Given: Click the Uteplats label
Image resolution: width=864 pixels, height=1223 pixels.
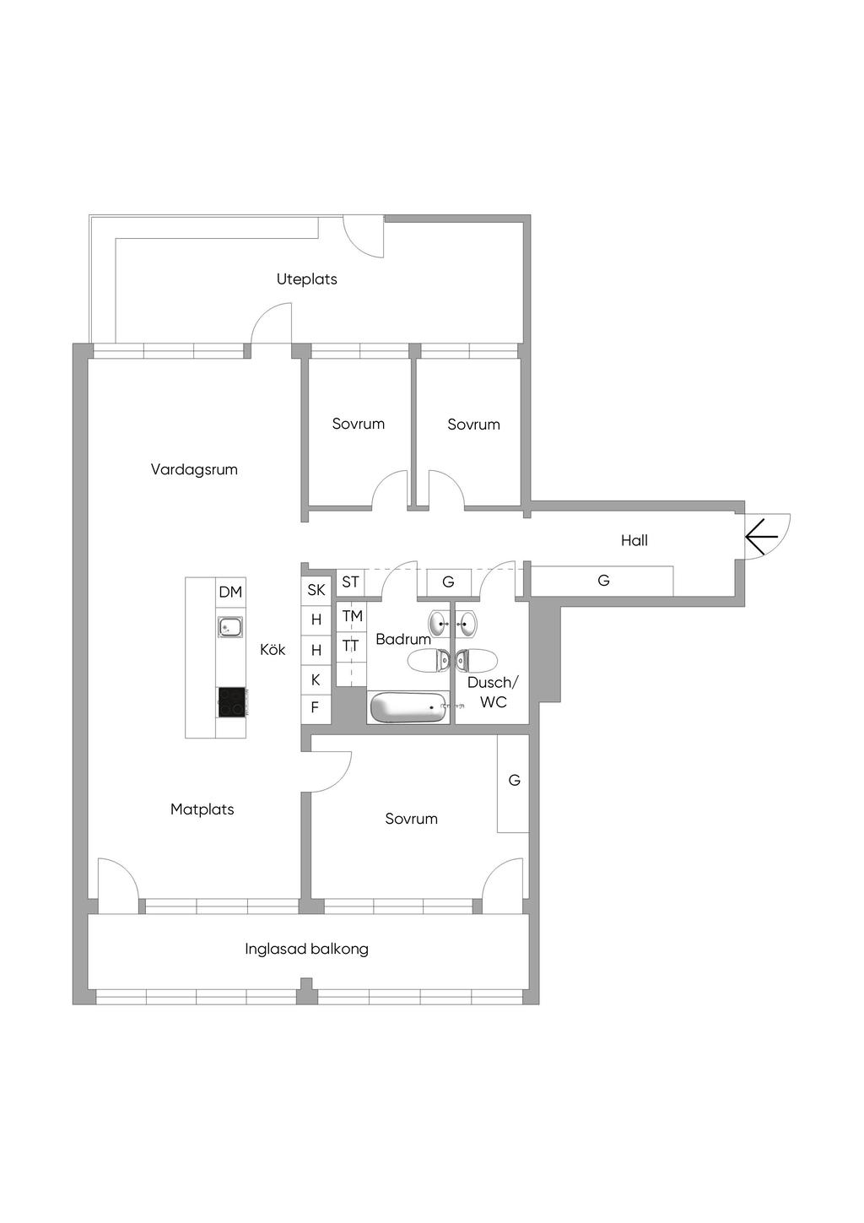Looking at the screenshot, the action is pos(307,279).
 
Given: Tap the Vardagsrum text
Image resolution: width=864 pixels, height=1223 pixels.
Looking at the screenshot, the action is pos(194,469).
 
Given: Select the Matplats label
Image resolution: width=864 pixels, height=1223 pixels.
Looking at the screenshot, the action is pos(202,809).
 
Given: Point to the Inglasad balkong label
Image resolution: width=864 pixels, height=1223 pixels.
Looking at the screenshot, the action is pos(307,949).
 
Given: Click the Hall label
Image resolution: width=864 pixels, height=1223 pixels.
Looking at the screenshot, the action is pos(634,540).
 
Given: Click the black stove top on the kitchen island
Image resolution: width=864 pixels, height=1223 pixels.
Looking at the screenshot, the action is pos(232,702).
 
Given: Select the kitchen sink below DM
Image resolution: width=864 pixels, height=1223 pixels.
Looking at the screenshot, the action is pos(231,627).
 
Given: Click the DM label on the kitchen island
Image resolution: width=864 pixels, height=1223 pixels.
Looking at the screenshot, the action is pos(230,592).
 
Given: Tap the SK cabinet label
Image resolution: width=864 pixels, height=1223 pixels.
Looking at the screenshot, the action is pos(316,590).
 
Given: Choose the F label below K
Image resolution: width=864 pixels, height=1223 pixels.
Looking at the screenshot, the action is pos(315,707).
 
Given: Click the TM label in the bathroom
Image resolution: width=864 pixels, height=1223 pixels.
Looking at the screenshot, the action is pos(353,616).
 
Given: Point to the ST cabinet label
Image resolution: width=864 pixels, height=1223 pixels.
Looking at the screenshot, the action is pos(350,582).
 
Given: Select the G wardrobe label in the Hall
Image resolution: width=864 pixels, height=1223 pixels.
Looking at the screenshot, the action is pos(603,581).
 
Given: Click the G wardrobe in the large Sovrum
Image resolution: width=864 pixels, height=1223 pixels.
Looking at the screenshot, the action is pos(513,783).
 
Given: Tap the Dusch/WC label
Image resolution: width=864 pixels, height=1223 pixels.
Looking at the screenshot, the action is pos(493,692).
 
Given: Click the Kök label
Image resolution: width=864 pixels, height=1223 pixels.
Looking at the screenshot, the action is pos(273,650).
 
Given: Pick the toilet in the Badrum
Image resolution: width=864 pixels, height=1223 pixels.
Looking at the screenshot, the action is pos(428,661).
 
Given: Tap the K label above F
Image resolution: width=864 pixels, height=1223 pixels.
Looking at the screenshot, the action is pos(316,679).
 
